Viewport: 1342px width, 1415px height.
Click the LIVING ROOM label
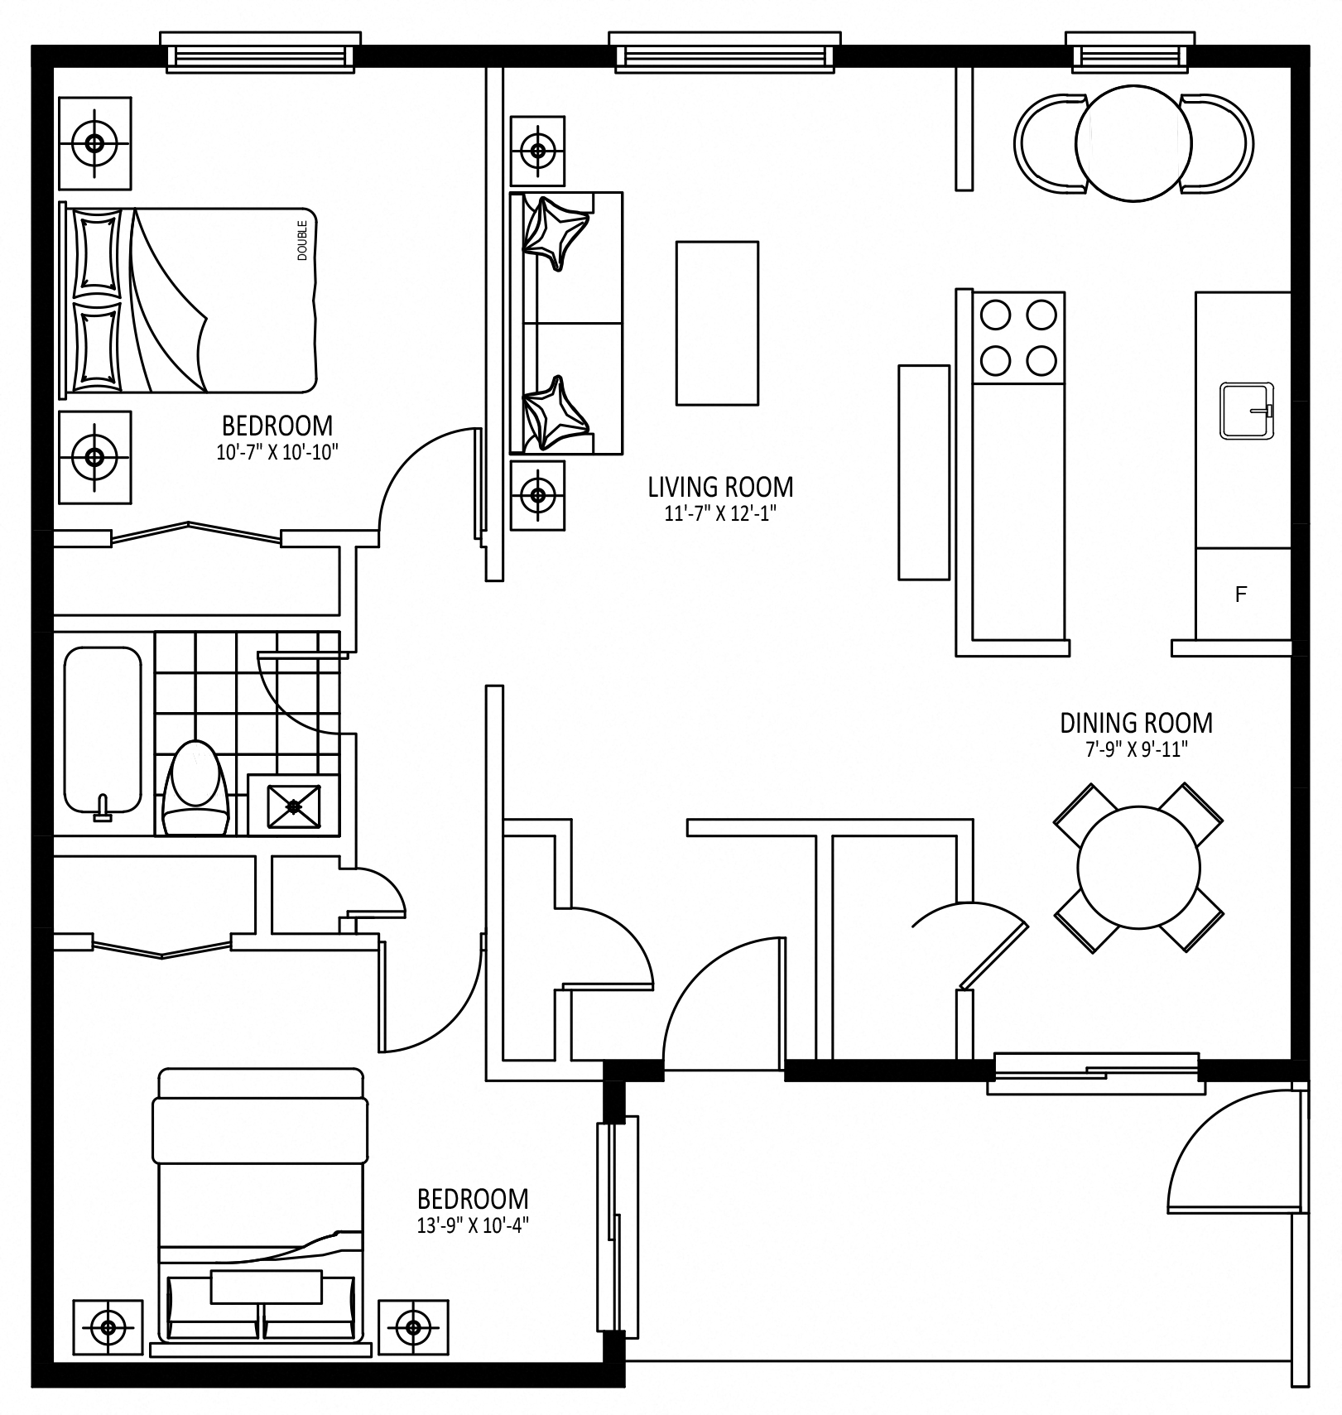[720, 486]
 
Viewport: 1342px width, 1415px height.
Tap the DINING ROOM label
[1136, 723]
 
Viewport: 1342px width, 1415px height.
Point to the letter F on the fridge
[1240, 594]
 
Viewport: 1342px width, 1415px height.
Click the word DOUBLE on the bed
[302, 240]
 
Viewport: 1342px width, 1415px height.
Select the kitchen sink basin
[1247, 411]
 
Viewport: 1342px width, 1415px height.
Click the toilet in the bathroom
[195, 787]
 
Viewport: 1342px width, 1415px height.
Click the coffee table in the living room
[717, 323]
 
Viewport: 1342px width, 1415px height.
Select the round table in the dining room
[1138, 868]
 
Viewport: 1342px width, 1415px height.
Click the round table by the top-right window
[1133, 142]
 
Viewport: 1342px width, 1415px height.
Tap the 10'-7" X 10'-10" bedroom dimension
[277, 452]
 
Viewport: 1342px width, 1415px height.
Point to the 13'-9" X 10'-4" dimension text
[473, 1225]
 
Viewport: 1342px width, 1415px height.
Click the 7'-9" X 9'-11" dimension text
[1136, 749]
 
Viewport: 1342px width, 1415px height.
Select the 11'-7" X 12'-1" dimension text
[720, 513]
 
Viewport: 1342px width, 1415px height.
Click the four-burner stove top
[1018, 338]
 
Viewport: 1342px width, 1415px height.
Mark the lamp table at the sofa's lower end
[539, 495]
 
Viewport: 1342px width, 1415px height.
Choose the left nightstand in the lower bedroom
[108, 1321]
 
